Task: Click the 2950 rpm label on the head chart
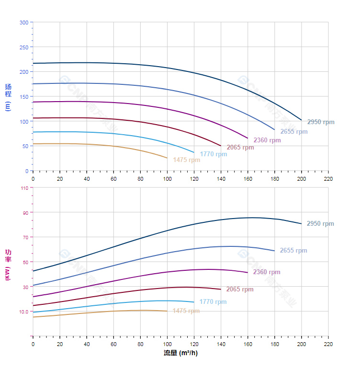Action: coord(321,122)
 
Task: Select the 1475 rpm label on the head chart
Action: coord(187,160)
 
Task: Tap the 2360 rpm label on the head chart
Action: coord(267,140)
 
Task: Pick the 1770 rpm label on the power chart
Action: coord(213,302)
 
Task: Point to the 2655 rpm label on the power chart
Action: coord(293,251)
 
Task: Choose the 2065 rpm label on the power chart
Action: coord(240,289)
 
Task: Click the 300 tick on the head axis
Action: coord(24,23)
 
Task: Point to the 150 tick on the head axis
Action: coord(24,97)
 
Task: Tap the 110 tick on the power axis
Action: coord(24,188)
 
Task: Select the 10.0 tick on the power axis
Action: coord(23,312)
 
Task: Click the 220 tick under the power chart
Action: coord(328,344)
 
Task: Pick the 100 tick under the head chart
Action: coord(167,179)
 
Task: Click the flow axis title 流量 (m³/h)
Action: coord(180,353)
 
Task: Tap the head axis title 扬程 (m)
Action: coord(8,97)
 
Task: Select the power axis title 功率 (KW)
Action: coord(8,265)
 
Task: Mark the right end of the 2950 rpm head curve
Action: coord(301,120)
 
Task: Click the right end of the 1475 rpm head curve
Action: coord(167,158)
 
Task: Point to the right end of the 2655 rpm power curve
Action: coord(274,251)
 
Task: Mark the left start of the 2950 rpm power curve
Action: coord(33,271)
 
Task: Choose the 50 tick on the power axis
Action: coord(24,262)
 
